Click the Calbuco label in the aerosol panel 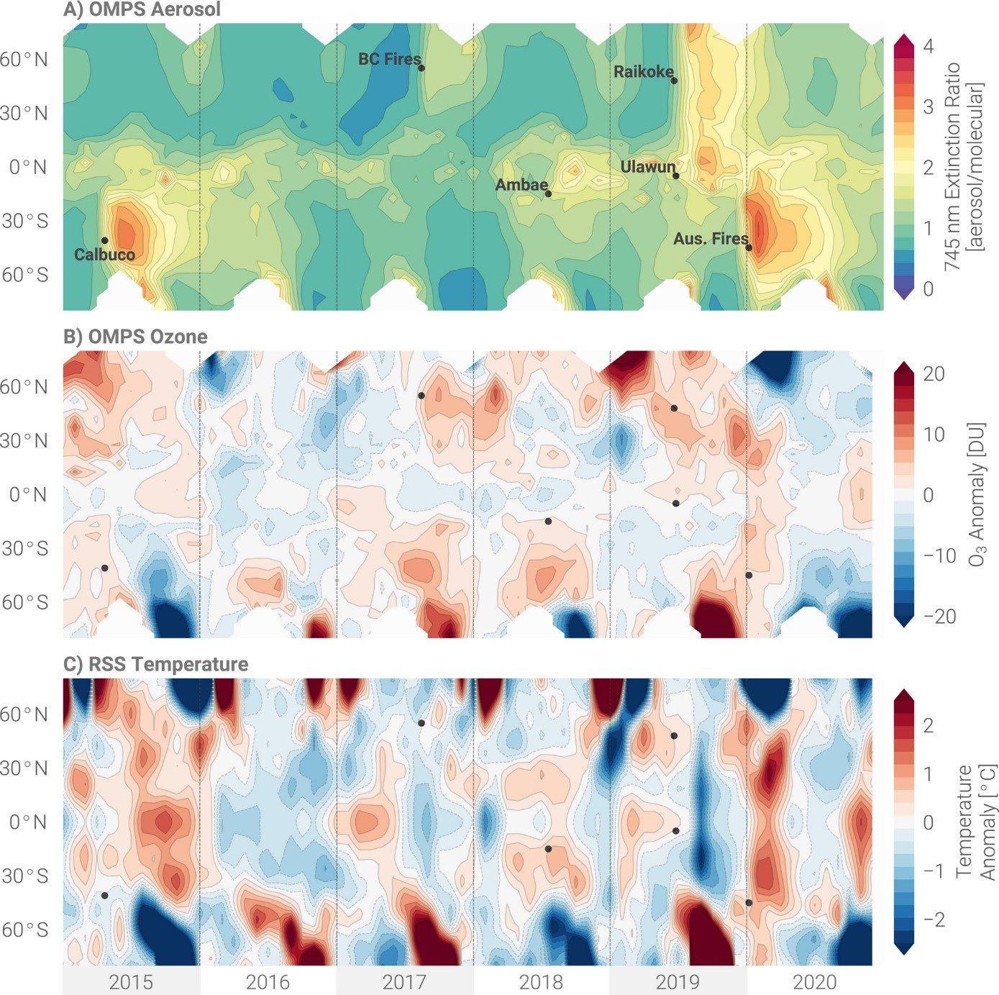[104, 254]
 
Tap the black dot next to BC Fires [421, 68]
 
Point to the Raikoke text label [643, 72]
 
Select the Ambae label [521, 185]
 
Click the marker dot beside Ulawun [676, 176]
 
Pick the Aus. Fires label [710, 238]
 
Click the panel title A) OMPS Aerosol [142, 10]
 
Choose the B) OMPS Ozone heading [135, 337]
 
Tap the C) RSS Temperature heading [155, 664]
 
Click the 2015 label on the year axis [131, 981]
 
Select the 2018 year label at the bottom [541, 981]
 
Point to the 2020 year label [814, 981]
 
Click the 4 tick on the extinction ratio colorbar [929, 46]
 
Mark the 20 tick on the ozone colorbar [934, 374]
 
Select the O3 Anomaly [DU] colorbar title [975, 494]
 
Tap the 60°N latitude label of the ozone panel [24, 387]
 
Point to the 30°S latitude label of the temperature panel [24, 876]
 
